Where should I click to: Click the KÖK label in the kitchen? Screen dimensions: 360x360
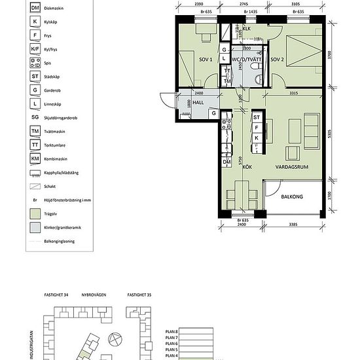tap(247, 167)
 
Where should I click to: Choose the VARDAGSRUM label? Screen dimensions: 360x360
tap(292, 167)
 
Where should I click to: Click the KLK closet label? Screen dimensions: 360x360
tap(247, 29)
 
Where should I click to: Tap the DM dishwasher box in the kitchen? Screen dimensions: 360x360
tap(227, 162)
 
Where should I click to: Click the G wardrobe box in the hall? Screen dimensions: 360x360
tap(213, 113)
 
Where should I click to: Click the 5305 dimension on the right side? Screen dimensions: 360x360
tap(332, 134)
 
